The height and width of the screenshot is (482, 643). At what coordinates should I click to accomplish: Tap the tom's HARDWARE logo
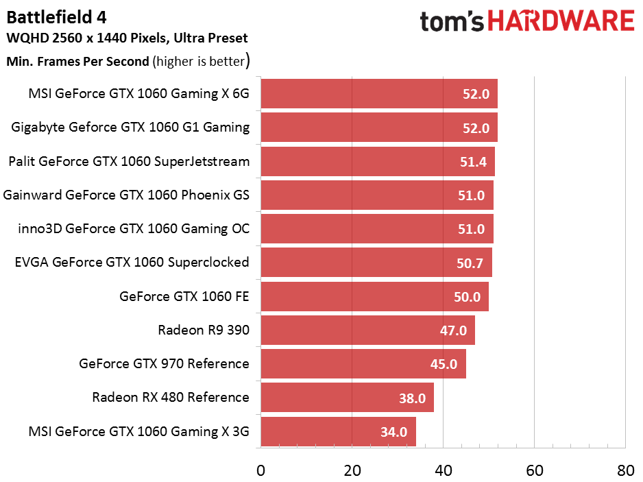coord(527,21)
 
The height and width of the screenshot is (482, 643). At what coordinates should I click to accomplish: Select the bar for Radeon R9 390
coord(367,330)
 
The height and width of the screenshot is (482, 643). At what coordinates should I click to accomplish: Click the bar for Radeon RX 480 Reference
coord(347,398)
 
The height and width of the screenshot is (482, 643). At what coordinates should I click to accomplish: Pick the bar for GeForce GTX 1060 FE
coord(374,296)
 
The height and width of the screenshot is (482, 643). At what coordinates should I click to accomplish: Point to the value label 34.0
coord(394,432)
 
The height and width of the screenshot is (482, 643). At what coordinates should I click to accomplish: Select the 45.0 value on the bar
coord(444,364)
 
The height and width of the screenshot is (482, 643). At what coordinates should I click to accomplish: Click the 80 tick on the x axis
coord(625,470)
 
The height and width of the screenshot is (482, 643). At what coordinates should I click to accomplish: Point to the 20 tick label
coord(352,470)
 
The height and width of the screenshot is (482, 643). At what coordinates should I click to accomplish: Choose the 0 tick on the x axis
coord(260,470)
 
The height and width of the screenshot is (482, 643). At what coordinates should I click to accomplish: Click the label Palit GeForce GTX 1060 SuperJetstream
coord(129,162)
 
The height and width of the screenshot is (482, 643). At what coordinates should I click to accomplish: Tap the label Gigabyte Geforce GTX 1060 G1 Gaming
coord(130,128)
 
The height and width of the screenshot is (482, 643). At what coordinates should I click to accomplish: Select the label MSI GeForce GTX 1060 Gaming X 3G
coord(138,431)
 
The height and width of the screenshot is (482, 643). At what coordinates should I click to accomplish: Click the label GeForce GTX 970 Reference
coord(164,363)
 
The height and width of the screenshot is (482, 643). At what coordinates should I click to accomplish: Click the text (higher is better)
coord(202,61)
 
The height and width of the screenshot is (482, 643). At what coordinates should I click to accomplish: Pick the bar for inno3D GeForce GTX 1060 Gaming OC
coord(376,228)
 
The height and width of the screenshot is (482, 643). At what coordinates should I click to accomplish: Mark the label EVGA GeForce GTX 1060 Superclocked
coord(132,263)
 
